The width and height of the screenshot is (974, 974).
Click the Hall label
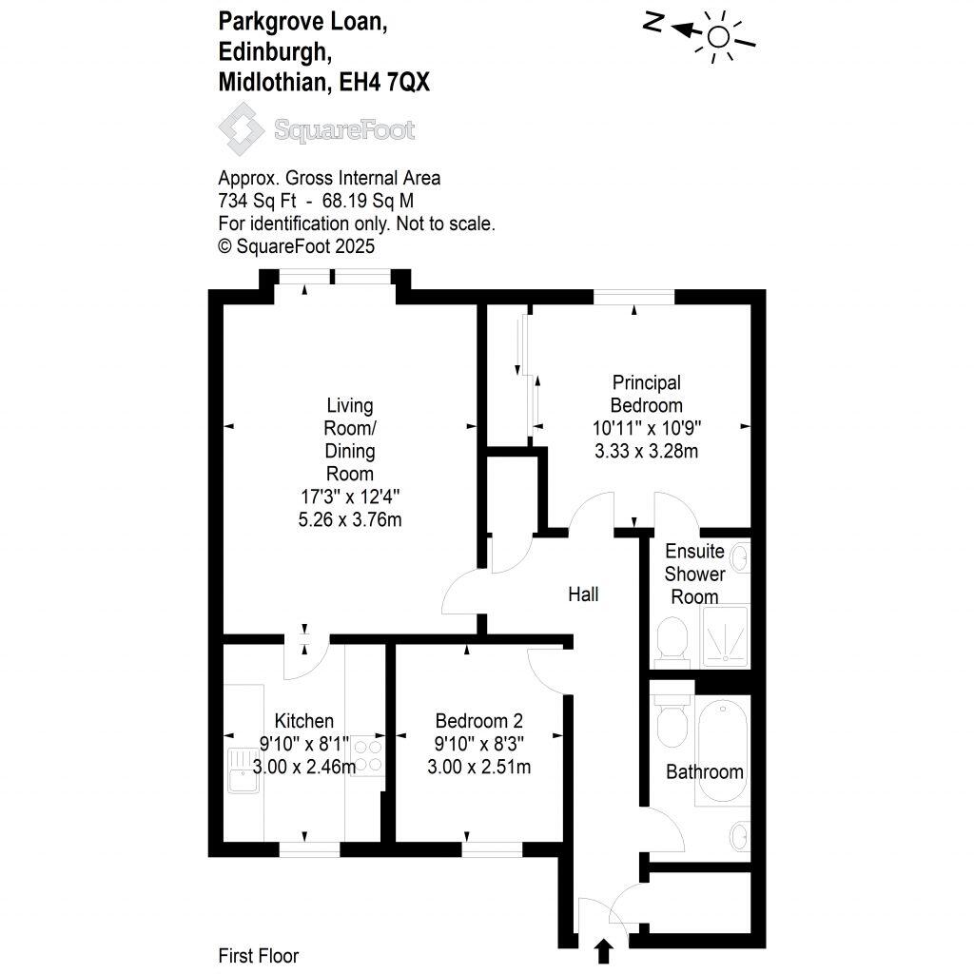click(583, 594)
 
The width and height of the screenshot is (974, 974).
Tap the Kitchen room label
click(303, 721)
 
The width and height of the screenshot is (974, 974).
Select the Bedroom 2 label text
click(478, 721)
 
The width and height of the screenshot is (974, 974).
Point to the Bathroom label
click(704, 771)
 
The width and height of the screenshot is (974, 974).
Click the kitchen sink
click(238, 770)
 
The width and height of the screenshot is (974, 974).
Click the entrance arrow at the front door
click(602, 951)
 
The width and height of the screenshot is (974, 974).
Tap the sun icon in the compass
click(720, 36)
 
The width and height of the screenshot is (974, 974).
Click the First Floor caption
click(258, 956)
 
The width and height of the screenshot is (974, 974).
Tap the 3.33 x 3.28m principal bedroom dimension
click(646, 451)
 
